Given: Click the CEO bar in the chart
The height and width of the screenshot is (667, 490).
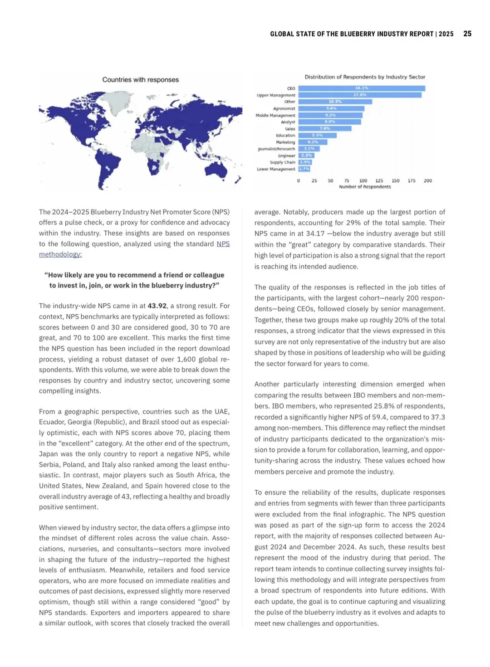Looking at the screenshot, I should click(362, 88).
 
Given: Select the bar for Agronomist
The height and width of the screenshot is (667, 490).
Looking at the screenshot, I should click(331, 108).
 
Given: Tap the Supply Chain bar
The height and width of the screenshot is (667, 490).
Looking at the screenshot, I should click(305, 162).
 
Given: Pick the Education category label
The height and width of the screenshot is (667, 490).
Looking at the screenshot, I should click(285, 136).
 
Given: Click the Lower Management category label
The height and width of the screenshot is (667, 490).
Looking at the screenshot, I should click(276, 169).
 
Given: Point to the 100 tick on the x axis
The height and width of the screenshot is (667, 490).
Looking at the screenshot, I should click(363, 181).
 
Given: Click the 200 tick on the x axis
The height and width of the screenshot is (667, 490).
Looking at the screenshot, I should click(427, 181).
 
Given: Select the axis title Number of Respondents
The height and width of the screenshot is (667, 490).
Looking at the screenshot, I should click(365, 187).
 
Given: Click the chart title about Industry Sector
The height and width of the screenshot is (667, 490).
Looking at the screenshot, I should click(365, 77).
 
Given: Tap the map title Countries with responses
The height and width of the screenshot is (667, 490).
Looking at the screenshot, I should click(140, 80).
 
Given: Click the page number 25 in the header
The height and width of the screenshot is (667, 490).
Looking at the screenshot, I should click(467, 34).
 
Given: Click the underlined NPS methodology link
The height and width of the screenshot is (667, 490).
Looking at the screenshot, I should click(60, 254).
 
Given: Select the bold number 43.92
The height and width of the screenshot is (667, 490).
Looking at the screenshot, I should click(157, 306).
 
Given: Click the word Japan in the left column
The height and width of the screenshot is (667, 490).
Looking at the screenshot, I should click(48, 454).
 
